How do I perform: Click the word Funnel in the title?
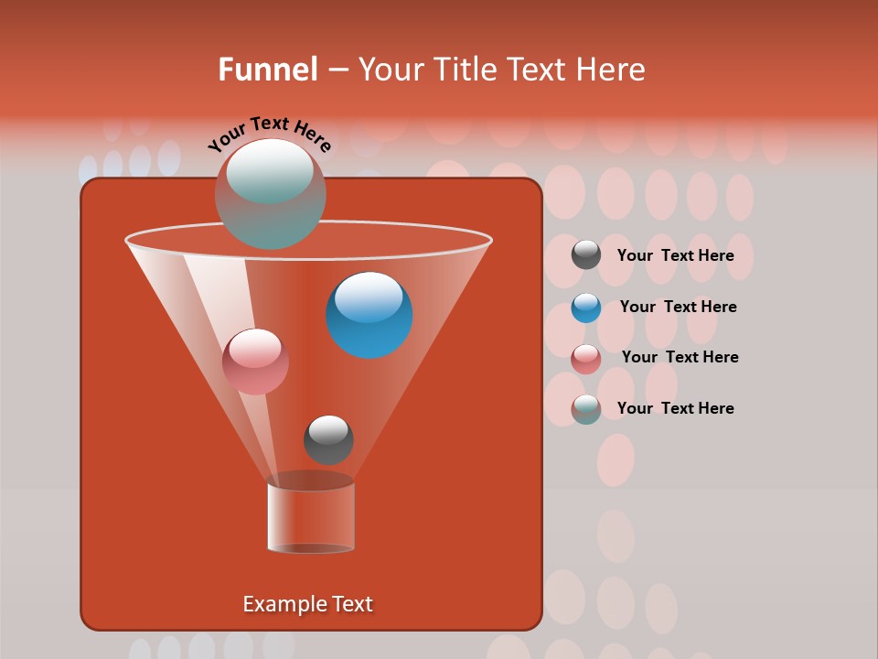[x=267, y=70]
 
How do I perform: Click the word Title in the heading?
[x=465, y=70]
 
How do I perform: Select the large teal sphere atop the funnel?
[x=270, y=193]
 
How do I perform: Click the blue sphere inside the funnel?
[x=369, y=315]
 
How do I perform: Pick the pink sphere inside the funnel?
[x=255, y=362]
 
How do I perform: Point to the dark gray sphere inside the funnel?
[x=328, y=439]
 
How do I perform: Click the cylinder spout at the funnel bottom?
[x=311, y=517]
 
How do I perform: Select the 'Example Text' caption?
[x=307, y=604]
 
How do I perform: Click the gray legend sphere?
[x=586, y=255]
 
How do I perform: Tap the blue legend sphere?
[x=586, y=308]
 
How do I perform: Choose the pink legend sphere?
[x=586, y=358]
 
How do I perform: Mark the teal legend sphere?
[x=586, y=408]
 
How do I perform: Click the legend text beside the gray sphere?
[x=675, y=255]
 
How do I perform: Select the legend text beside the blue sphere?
[x=678, y=307]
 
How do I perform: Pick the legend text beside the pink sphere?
[x=680, y=357]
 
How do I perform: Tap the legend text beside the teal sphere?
[x=675, y=408]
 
